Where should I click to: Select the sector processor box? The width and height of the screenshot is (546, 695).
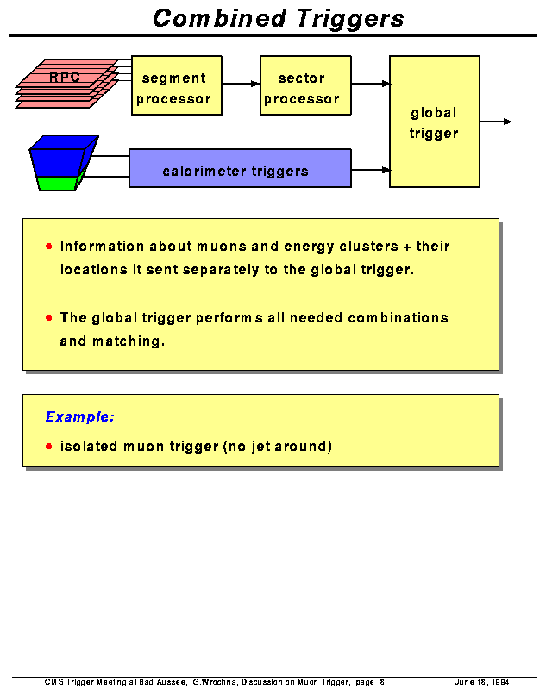click(x=305, y=86)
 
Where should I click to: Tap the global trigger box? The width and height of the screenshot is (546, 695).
click(x=434, y=122)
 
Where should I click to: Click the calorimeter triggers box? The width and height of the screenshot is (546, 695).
click(x=240, y=169)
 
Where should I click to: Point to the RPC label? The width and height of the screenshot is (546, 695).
click(x=65, y=78)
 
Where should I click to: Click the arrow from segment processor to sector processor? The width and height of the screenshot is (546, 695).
click(x=241, y=84)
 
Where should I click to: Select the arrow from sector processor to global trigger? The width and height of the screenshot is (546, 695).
click(x=371, y=84)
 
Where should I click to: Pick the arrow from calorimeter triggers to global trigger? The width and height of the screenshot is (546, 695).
click(x=371, y=170)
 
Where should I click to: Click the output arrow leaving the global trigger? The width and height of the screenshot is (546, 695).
click(x=496, y=122)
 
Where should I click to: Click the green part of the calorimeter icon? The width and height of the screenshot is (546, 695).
click(x=59, y=182)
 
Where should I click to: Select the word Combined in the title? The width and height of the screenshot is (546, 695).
click(x=219, y=18)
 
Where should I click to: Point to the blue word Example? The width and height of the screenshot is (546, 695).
click(x=79, y=417)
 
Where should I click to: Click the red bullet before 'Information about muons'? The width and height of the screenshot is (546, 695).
click(x=49, y=247)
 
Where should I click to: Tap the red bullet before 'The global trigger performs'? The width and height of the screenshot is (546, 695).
click(x=49, y=317)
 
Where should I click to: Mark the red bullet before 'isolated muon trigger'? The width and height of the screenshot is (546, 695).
click(x=49, y=447)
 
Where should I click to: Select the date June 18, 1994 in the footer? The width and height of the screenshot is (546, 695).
click(x=481, y=682)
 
